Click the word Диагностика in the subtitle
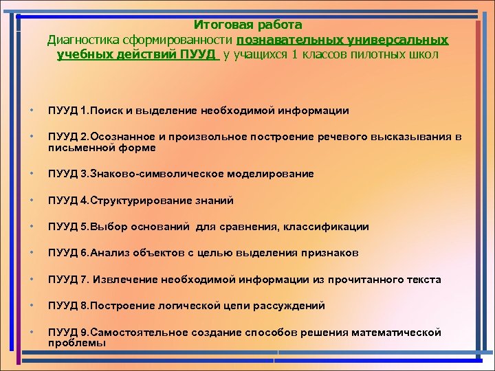pyautogui.click(x=80, y=40)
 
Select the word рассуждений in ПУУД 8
pyautogui.click(x=291, y=306)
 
